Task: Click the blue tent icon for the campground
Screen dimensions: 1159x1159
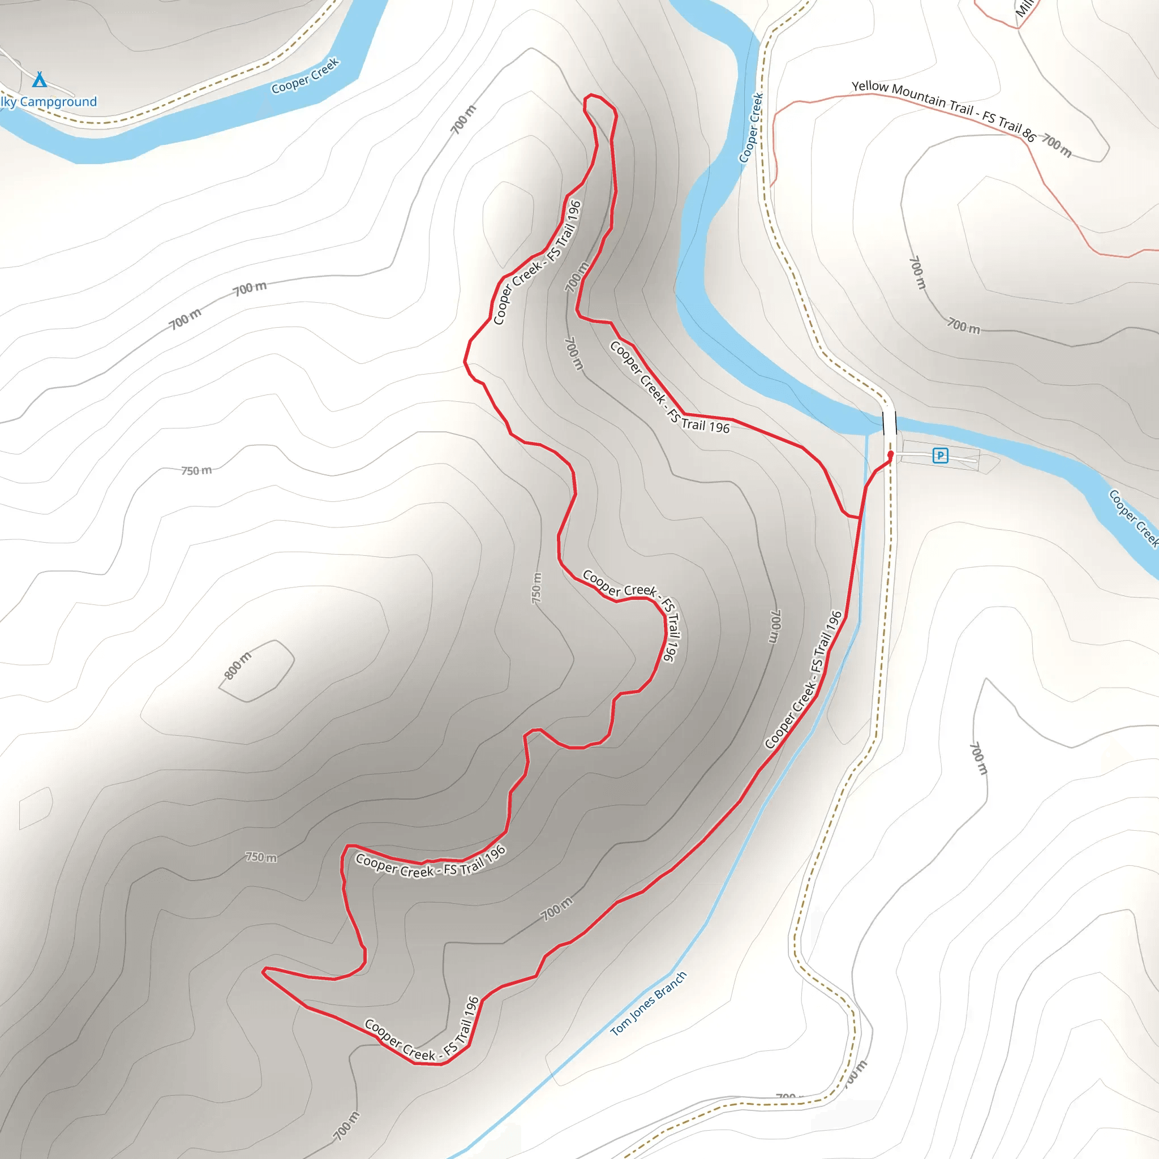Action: [40, 79]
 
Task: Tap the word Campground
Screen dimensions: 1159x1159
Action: [58, 102]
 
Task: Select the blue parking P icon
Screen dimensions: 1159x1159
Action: [940, 456]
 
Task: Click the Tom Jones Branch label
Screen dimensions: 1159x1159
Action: [648, 1003]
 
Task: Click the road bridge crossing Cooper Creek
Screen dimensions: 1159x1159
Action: [890, 422]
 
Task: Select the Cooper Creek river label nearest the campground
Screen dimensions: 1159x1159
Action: [306, 76]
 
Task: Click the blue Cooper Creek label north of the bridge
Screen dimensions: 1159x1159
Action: [751, 128]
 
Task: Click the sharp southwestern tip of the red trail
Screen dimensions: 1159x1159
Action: [263, 969]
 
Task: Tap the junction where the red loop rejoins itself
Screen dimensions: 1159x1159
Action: [860, 517]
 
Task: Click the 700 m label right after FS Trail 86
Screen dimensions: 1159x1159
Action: [1057, 145]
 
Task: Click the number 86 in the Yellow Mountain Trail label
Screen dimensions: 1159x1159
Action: [1028, 135]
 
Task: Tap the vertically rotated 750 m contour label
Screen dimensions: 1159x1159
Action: [536, 589]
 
